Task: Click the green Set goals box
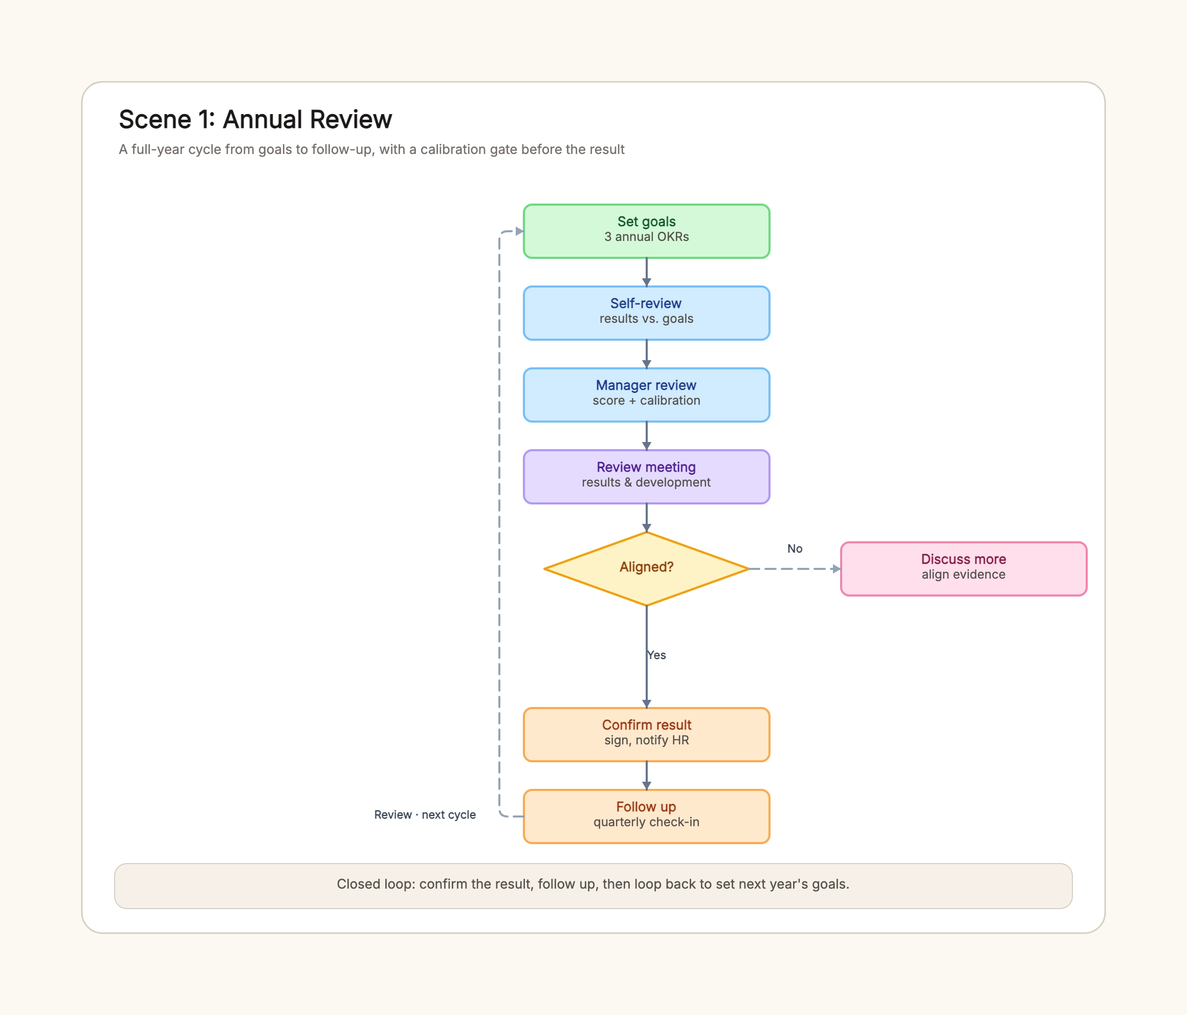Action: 646,231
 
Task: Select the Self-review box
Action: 646,313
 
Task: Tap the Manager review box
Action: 646,394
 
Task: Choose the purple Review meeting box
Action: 646,477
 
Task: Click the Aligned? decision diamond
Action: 646,569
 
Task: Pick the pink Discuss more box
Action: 963,569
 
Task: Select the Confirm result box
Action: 646,734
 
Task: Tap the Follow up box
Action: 646,816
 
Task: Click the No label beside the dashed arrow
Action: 795,549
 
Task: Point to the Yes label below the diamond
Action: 656,655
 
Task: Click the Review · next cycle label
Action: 425,814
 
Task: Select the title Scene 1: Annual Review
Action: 255,120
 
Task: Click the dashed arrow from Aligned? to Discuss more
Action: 795,569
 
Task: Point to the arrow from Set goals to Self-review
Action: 646,272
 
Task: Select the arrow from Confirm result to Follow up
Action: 646,776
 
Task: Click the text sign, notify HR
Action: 646,741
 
